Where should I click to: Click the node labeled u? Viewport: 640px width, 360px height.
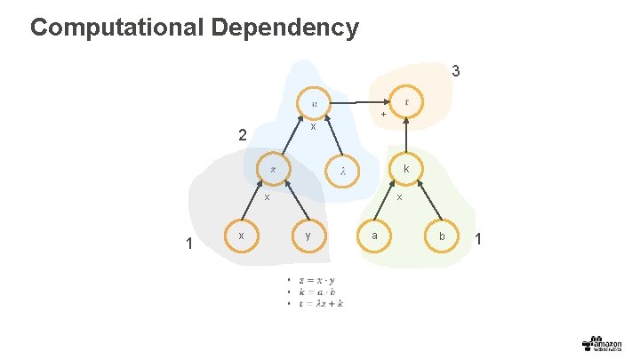[x=314, y=102]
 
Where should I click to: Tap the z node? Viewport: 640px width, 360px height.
[x=273, y=169]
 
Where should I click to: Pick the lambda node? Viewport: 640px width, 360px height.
[x=342, y=170]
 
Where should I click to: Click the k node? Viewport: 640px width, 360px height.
[x=406, y=169]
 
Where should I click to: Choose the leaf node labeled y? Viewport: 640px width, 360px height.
[x=308, y=236]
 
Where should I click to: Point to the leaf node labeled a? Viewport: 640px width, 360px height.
[x=374, y=236]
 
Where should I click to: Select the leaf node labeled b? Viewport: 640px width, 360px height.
[x=441, y=236]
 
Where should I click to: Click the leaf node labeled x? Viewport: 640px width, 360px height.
[x=241, y=236]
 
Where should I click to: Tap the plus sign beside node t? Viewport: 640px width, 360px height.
[x=382, y=115]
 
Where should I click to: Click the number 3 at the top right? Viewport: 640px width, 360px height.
[x=455, y=70]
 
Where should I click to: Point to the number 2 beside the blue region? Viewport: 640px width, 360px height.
[x=242, y=136]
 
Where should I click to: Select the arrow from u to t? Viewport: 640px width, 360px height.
[x=360, y=100]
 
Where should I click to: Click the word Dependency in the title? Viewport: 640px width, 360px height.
[x=285, y=28]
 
